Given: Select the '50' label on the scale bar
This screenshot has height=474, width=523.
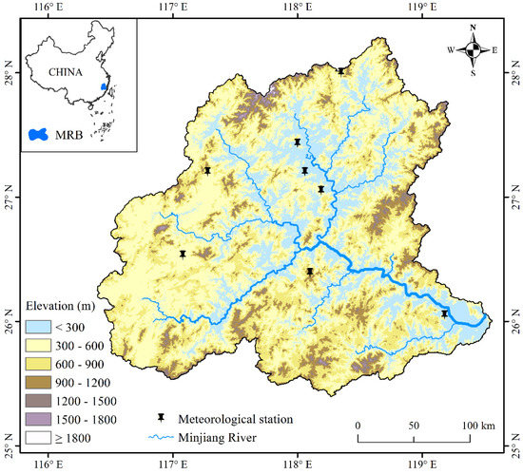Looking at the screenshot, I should coord(415,423).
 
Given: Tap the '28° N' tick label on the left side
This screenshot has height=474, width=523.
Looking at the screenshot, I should coord(8,75).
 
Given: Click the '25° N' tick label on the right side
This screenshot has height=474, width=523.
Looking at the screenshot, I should coord(514,448).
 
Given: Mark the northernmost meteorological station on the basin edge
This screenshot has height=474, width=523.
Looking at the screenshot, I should coord(340,70).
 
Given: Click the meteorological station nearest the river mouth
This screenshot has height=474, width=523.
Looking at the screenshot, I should coord(444,313).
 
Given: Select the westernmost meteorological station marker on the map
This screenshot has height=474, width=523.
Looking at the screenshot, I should coord(183,254).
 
